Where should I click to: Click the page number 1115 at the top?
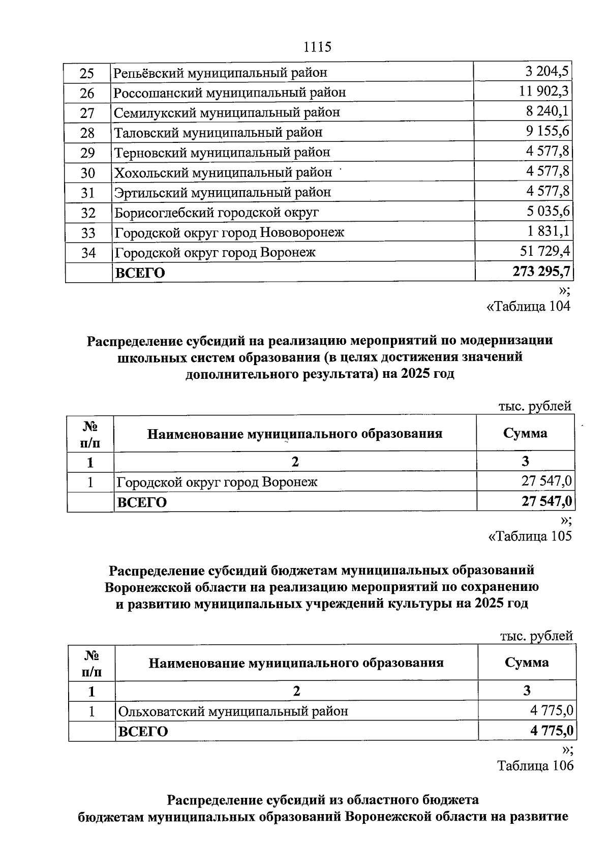tap(317, 47)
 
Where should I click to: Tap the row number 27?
tap(87, 113)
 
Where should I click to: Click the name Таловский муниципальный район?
tap(218, 133)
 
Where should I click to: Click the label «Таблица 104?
tap(528, 306)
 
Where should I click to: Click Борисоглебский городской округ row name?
tap(217, 213)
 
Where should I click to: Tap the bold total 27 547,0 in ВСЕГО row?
tap(546, 501)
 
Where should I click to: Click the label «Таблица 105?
tap(530, 536)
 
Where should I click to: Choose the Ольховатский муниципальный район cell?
tap(233, 711)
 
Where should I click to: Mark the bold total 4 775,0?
tap(552, 731)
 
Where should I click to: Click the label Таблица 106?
tap(535, 765)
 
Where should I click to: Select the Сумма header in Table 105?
tap(527, 663)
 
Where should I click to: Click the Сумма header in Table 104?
tap(525, 433)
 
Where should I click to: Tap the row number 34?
tap(88, 253)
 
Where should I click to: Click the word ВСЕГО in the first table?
tap(140, 273)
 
